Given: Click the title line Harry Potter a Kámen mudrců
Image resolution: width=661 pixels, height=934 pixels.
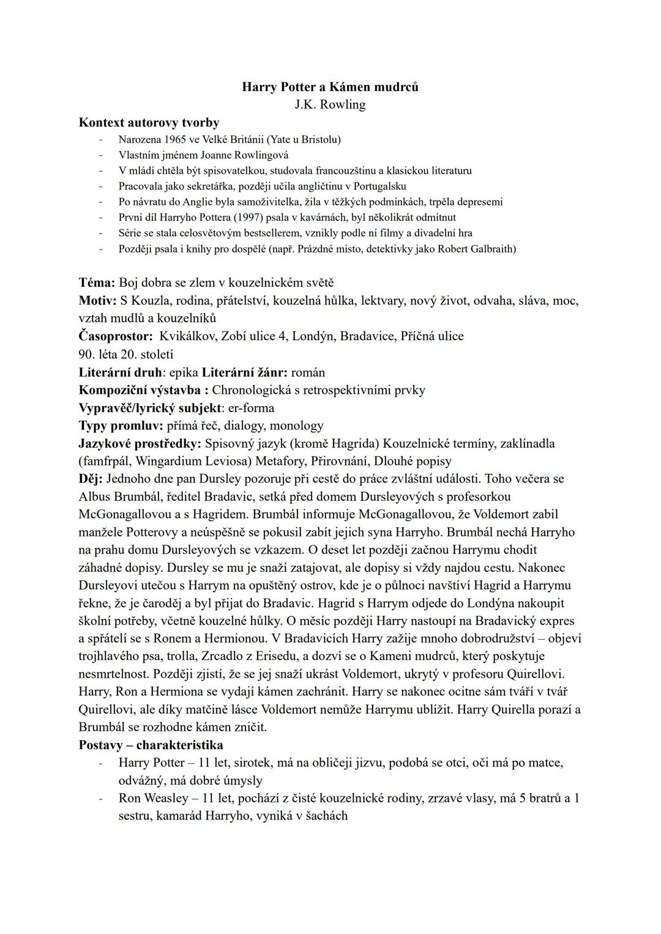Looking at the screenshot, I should pyautogui.click(x=330, y=87).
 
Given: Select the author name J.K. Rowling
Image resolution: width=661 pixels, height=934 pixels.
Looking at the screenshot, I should pyautogui.click(x=330, y=105).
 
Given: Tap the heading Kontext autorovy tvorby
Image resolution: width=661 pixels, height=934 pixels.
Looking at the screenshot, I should pyautogui.click(x=149, y=122).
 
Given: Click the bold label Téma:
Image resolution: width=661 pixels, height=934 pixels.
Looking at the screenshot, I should pyautogui.click(x=97, y=283).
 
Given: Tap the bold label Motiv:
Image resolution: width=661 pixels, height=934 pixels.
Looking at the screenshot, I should pyautogui.click(x=98, y=300).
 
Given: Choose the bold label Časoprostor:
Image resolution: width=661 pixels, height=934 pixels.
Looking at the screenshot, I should pyautogui.click(x=116, y=336).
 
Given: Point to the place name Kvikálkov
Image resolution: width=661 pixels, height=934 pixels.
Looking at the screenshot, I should pyautogui.click(x=187, y=336).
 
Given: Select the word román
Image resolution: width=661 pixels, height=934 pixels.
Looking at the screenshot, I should pyautogui.click(x=308, y=372).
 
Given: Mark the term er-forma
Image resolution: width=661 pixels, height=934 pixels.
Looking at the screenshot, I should pyautogui.click(x=247, y=407).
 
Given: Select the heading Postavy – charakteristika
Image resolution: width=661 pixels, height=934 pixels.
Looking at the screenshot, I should pyautogui.click(x=151, y=745).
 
